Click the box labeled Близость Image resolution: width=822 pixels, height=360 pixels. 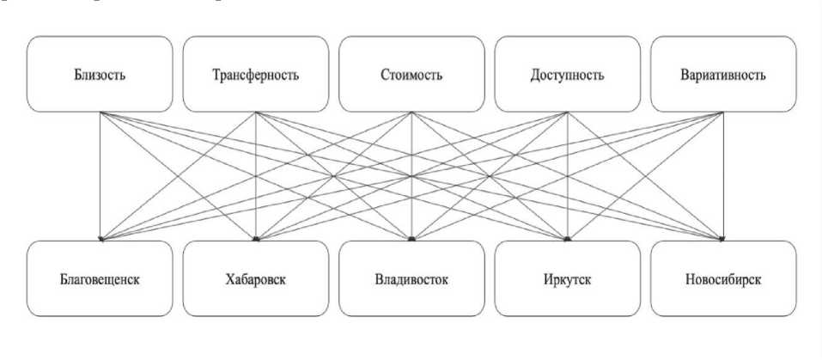point(100,74)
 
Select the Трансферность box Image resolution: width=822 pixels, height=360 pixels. point(255,74)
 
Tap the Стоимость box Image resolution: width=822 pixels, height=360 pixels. point(411,74)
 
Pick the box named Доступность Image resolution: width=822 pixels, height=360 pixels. point(567,74)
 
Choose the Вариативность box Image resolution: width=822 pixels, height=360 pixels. point(722,74)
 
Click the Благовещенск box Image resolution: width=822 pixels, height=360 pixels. point(100,279)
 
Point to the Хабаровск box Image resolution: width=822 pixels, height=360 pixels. point(255,279)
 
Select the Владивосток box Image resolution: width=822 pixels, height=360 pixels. point(411,279)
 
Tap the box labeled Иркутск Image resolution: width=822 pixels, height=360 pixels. point(567,279)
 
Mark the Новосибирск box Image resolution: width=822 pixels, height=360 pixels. point(722,279)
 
